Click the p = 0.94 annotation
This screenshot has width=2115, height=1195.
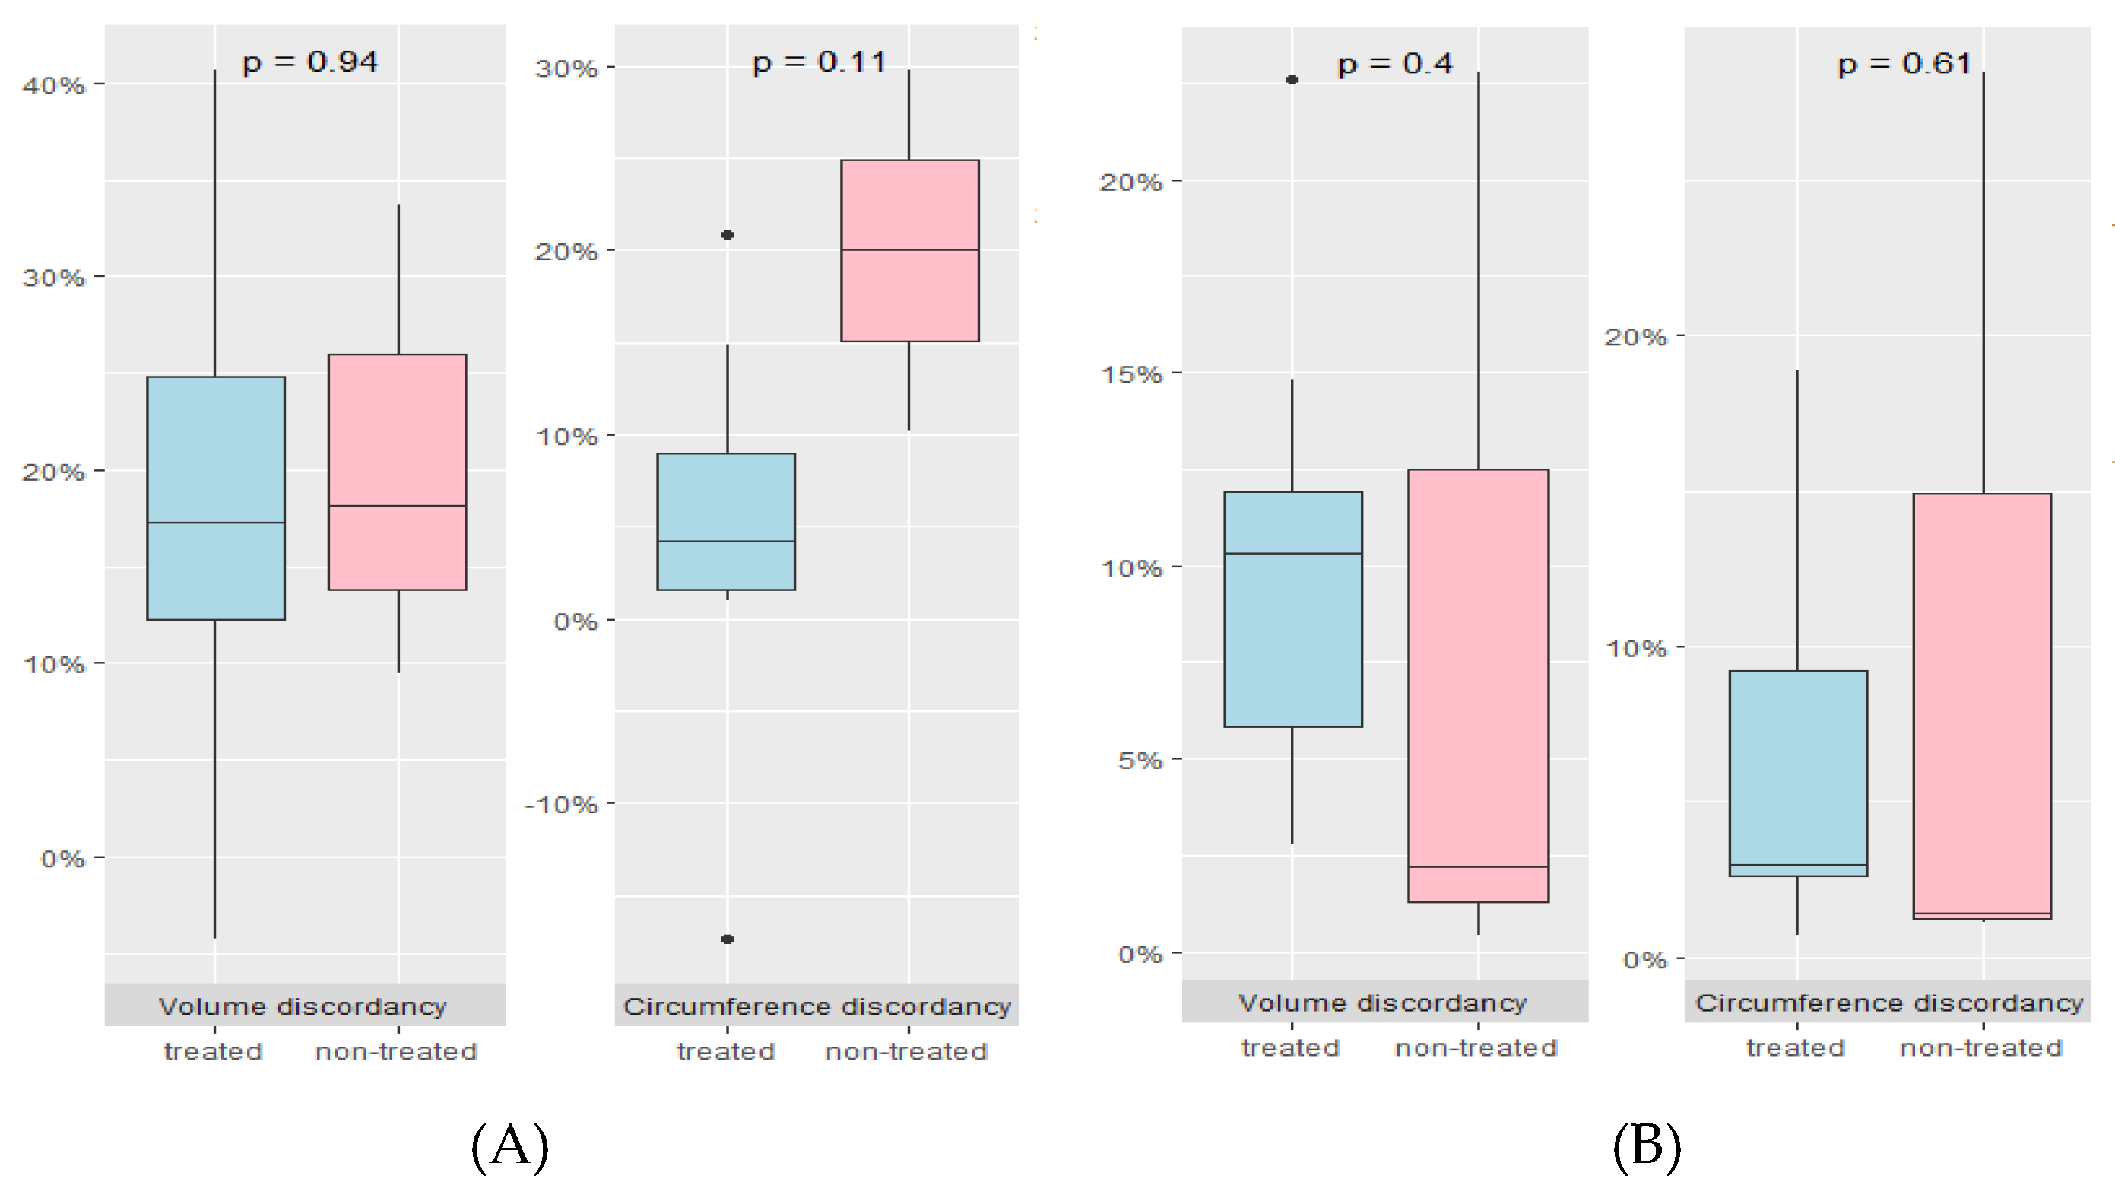pos(309,62)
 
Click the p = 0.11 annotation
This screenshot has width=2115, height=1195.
pos(819,62)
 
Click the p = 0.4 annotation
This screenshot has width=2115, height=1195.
pos(1394,64)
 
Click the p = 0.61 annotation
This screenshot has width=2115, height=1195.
pos(1903,64)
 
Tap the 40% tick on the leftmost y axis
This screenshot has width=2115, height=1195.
pos(53,84)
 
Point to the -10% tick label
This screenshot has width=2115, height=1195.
pos(561,804)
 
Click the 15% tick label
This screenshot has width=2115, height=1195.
pos(1131,374)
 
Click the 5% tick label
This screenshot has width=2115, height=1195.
pos(1140,760)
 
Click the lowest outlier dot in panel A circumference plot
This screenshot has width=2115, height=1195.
pos(728,939)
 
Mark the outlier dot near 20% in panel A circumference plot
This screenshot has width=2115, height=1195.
pos(728,235)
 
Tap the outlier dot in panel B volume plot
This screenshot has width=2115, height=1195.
pos(1292,80)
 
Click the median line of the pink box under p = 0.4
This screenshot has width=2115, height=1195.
pos(1478,866)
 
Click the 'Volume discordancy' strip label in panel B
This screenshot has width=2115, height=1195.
pos(1383,1002)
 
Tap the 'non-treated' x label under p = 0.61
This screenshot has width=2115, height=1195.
pos(1980,1048)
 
